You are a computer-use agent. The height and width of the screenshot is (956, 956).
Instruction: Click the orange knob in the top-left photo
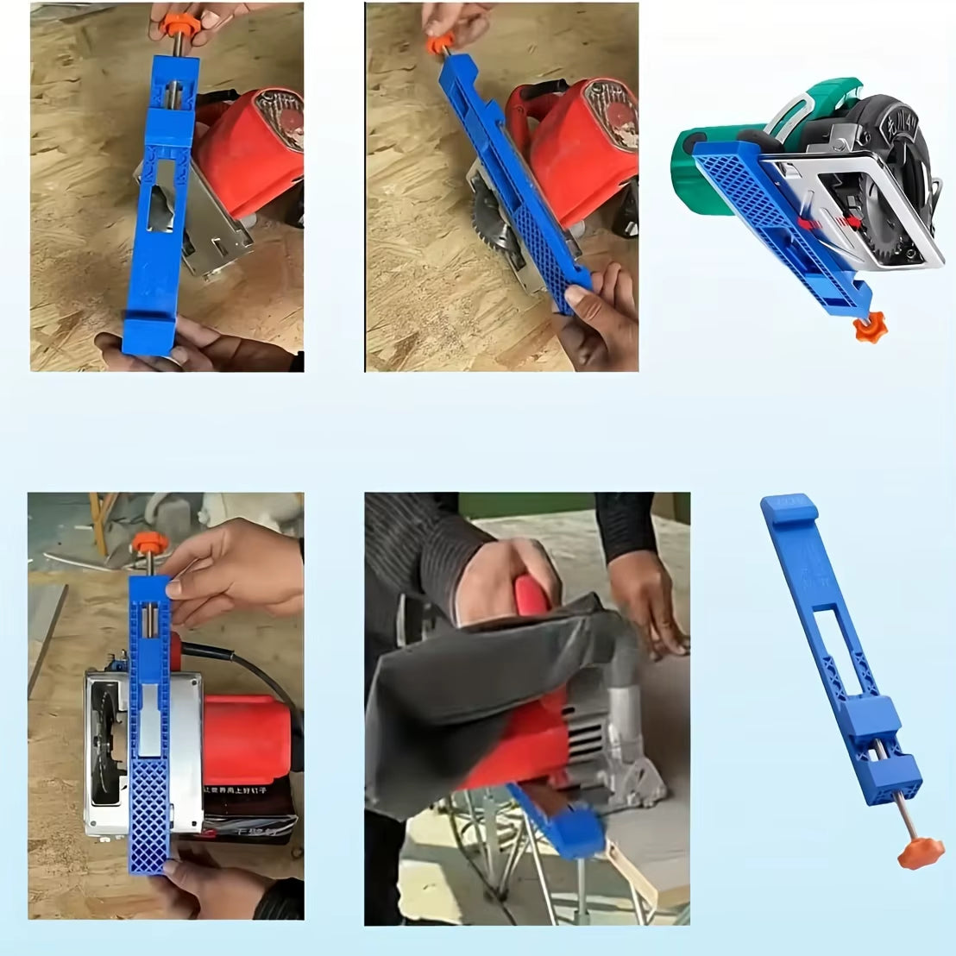[180, 24]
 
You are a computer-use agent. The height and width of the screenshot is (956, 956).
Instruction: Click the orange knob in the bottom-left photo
[149, 544]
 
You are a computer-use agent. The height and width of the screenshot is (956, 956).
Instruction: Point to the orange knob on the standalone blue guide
[915, 855]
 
